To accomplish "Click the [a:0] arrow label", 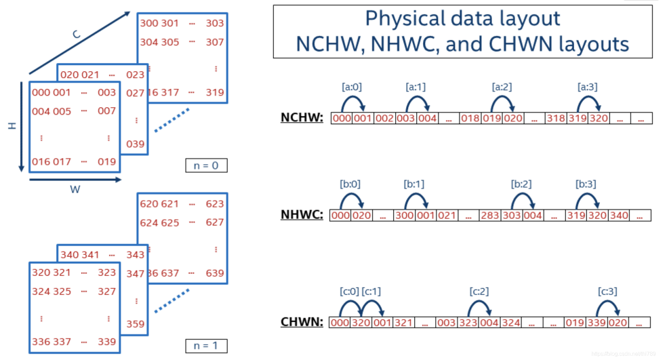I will click(352, 87).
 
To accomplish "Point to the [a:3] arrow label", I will click(587, 87).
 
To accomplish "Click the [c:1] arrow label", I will click(373, 291).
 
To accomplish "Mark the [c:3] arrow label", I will click(608, 291).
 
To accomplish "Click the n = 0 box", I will click(206, 165).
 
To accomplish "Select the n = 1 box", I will click(206, 346).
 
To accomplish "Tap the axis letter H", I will click(12, 126).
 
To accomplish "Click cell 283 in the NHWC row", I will click(489, 216).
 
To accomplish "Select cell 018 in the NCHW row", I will click(470, 119).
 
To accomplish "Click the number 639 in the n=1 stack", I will click(214, 273).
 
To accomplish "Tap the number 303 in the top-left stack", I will click(214, 23).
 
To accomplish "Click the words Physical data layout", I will click(462, 18).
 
